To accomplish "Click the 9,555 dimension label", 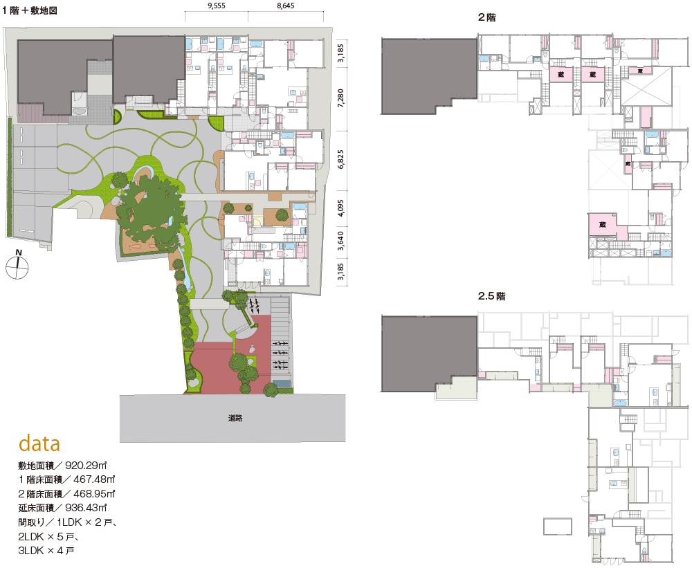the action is point(216,6).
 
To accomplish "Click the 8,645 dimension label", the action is point(286,6).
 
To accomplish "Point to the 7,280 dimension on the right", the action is point(340,98).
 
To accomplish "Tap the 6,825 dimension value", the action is point(340,159).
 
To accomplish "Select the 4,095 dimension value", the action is point(340,208).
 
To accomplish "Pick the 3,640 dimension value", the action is point(340,241).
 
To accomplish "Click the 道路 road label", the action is point(235,418).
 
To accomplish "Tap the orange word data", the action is point(39,443).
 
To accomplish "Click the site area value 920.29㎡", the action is point(86,465).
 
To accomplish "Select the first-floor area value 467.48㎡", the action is point(94,479).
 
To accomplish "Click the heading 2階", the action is point(486,17).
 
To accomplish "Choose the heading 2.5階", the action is point(491,296).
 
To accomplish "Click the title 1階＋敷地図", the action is point(30,10).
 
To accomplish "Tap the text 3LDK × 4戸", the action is point(46,550).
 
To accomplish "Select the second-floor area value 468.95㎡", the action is point(94,493).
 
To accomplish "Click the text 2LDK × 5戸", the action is point(48,536).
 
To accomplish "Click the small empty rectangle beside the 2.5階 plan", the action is point(558,526).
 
